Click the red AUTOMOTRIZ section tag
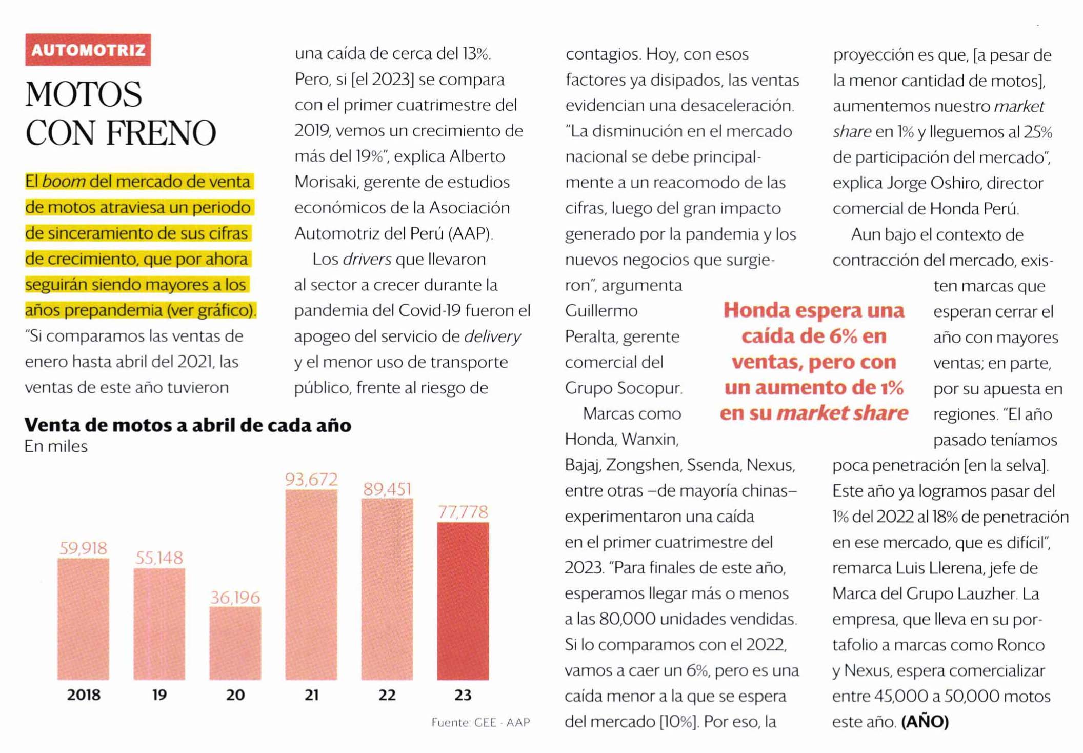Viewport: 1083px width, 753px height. [x=88, y=50]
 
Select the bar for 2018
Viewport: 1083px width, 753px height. [x=83, y=619]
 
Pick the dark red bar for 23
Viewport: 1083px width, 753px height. [x=463, y=601]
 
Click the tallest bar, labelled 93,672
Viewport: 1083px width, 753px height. [x=311, y=585]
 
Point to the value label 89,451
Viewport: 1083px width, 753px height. [x=387, y=489]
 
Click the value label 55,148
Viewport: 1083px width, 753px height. [x=159, y=558]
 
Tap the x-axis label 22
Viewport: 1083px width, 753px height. [x=387, y=695]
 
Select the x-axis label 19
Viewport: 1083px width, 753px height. [x=159, y=695]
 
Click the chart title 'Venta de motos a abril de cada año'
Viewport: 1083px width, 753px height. [x=188, y=425]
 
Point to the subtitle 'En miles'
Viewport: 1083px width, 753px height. [x=56, y=446]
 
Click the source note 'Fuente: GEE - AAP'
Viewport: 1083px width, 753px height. [x=480, y=722]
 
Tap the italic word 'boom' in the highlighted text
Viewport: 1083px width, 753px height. [x=64, y=182]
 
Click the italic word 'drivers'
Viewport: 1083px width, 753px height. [x=367, y=259]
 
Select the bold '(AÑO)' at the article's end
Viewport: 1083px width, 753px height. [x=925, y=722]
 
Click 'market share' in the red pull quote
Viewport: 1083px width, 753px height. [x=842, y=413]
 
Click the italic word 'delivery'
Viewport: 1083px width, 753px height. [x=492, y=336]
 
